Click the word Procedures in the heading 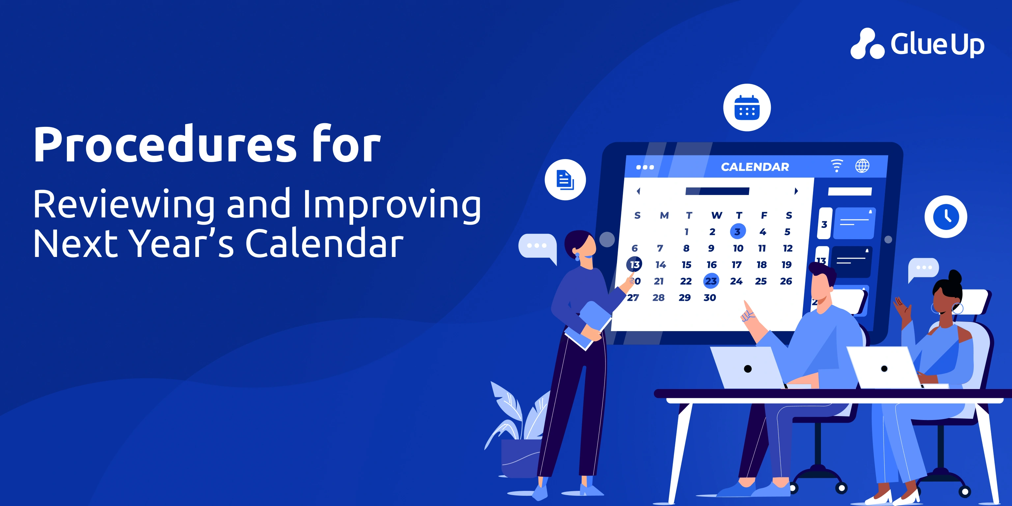[x=165, y=144]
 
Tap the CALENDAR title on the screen [x=755, y=167]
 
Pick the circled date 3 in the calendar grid [x=737, y=231]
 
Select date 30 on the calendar [x=710, y=297]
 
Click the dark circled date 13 [x=634, y=265]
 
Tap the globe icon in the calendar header [x=862, y=166]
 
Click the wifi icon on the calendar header [x=837, y=165]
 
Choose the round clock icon [x=945, y=216]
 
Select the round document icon [x=565, y=180]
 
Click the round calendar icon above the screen [x=747, y=107]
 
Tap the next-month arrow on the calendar [x=796, y=191]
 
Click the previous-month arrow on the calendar [x=638, y=191]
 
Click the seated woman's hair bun [x=955, y=277]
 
